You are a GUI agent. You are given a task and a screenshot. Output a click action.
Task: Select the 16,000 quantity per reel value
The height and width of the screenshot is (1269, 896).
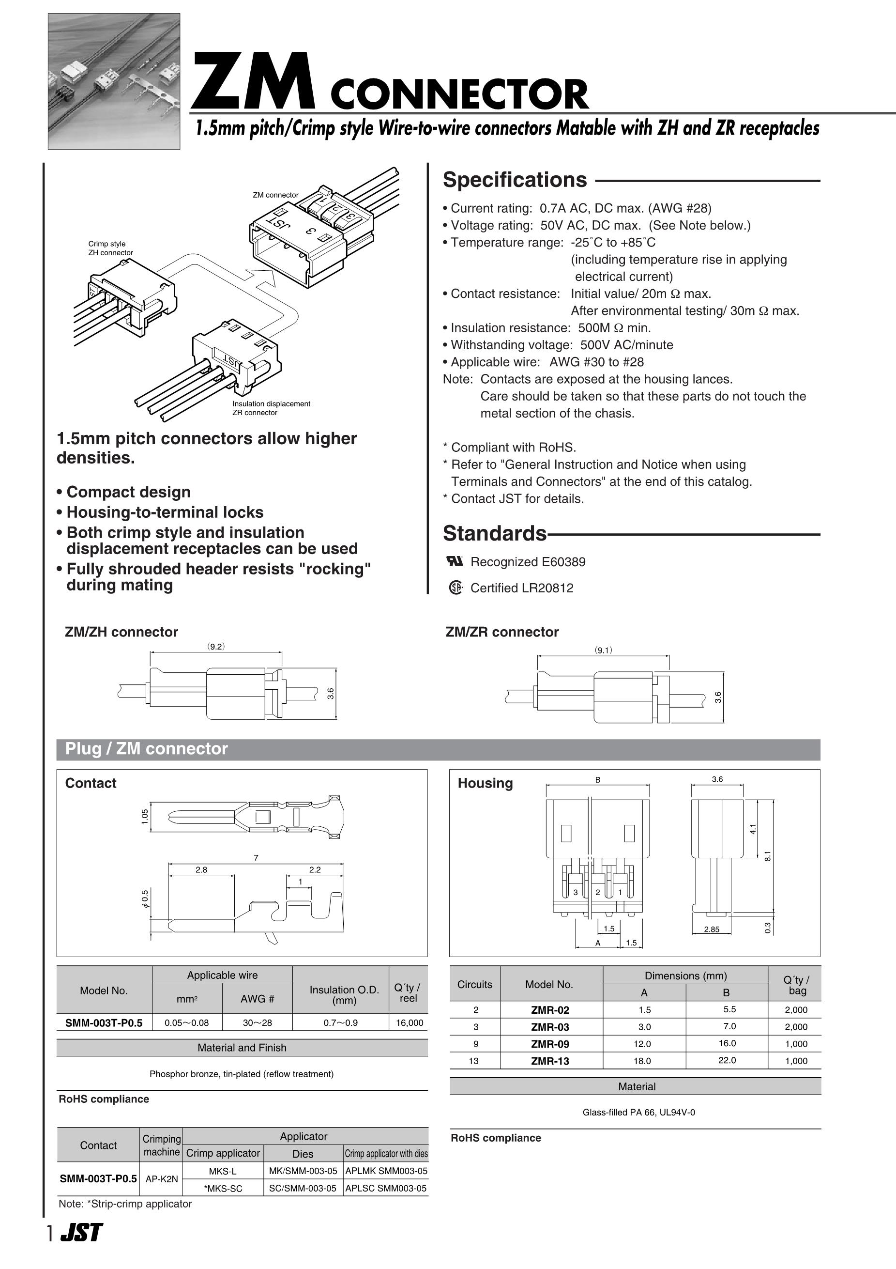410,1022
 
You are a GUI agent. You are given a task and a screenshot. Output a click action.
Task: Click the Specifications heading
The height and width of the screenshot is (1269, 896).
515,180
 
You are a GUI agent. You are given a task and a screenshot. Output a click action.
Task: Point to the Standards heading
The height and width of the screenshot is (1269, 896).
494,533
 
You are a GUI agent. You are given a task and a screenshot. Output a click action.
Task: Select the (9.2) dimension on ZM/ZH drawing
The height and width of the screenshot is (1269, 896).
216,646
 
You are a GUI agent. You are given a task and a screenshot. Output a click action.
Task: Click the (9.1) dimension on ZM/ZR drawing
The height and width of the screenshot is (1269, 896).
603,650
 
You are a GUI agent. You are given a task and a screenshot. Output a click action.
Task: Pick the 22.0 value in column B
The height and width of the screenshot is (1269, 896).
727,1060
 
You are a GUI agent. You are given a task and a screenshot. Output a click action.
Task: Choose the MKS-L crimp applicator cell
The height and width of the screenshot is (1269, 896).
223,1171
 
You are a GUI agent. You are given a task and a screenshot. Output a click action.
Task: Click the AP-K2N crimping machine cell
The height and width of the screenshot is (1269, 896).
161,1179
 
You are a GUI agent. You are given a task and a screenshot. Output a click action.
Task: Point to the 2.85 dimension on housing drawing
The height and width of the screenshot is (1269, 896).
712,929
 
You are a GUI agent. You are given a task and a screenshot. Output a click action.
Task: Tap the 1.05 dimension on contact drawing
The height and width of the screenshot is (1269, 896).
145,817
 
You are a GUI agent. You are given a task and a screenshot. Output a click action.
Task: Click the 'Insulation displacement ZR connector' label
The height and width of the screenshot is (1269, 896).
271,408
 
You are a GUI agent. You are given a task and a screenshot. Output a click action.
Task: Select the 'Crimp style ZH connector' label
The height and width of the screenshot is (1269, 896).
110,248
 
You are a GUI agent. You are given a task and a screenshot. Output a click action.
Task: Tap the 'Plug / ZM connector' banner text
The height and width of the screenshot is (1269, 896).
146,749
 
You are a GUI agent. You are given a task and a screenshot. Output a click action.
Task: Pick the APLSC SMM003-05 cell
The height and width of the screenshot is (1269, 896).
386,1188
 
